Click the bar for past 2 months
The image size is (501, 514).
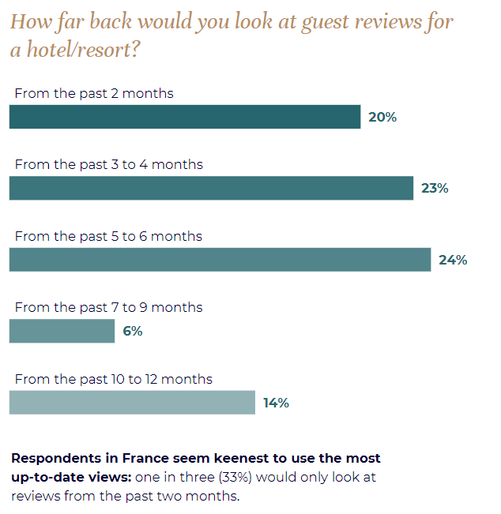(185, 117)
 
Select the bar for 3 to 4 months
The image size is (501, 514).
(211, 188)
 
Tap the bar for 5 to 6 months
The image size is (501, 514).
(220, 259)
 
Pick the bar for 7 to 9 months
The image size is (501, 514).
(62, 331)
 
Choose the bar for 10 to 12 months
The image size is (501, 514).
(132, 402)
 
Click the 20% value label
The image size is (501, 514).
(382, 118)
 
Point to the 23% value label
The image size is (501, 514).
(435, 189)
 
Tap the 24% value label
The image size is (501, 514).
(453, 260)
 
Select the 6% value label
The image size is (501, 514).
(133, 331)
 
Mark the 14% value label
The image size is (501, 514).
(277, 403)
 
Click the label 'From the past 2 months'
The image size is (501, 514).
(94, 94)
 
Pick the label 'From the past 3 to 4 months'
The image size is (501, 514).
(109, 165)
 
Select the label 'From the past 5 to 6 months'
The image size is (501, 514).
(108, 236)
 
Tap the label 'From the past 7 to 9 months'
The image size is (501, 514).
(108, 307)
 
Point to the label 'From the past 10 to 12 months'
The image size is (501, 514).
(114, 379)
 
